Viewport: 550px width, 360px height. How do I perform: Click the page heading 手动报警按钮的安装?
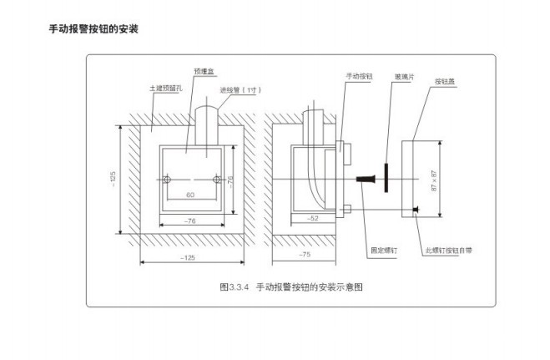tap(94, 29)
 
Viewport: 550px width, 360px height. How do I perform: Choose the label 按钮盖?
tap(444, 82)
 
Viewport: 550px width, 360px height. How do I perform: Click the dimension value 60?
tap(190, 195)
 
